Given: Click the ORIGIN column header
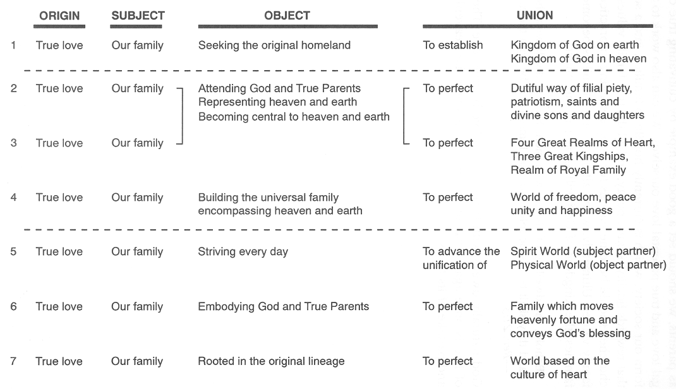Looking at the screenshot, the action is [59, 16].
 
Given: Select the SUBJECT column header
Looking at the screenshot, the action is [138, 16].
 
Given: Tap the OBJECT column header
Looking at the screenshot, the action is [287, 16].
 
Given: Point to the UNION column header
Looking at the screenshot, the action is [534, 16].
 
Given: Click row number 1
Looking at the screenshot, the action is [13, 45].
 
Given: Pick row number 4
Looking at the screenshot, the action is [13, 197].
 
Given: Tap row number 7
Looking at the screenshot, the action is [13, 361].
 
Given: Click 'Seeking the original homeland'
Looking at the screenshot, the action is [274, 45].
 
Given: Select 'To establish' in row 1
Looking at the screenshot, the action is [453, 45].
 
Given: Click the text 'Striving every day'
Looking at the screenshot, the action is [243, 252].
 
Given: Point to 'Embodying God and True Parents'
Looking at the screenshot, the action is [283, 307].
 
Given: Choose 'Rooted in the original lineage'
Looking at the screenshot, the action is [271, 361].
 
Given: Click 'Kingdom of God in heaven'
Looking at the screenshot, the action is [579, 59].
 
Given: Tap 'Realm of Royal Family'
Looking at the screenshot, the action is [568, 170].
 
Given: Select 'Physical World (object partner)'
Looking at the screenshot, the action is [588, 265].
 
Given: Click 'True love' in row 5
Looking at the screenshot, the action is [59, 251].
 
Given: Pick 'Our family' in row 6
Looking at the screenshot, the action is [137, 307].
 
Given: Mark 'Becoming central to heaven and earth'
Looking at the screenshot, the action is [294, 117].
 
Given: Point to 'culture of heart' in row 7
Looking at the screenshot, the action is [548, 374].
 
